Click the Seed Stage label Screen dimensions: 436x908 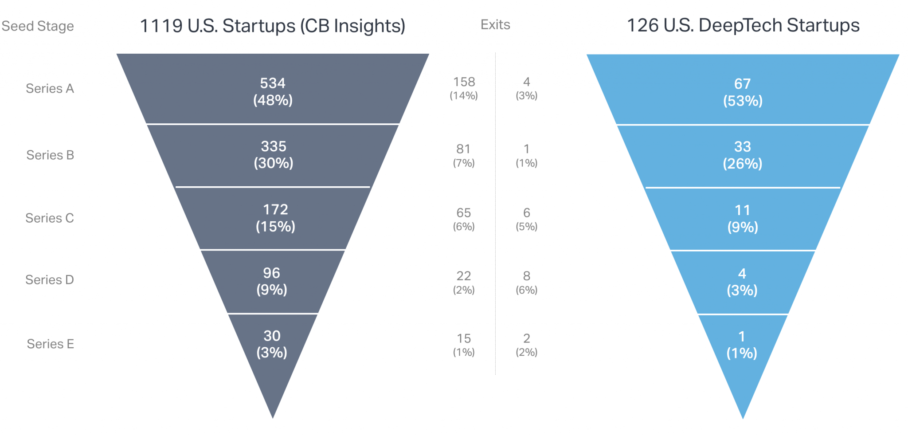click(38, 26)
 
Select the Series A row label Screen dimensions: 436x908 click(50, 89)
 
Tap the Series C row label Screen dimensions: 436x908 click(50, 218)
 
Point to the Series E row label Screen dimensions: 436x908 click(50, 344)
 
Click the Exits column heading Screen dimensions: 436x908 click(495, 25)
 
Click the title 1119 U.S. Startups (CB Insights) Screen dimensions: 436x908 click(273, 26)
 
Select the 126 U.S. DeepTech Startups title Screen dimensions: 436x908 click(743, 26)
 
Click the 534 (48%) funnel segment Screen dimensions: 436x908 click(273, 91)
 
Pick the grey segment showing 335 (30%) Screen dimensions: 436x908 click(273, 155)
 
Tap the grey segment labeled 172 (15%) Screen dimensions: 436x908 click(275, 218)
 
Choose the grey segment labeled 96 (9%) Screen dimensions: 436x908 click(272, 281)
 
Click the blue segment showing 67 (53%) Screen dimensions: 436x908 click(743, 92)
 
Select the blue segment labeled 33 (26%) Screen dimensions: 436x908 click(743, 155)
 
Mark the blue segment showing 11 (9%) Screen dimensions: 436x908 click(743, 219)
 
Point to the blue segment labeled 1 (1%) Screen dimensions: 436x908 click(742, 345)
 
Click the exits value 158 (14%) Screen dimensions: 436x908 click(464, 88)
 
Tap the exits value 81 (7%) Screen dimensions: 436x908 click(464, 155)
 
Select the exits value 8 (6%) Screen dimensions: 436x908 click(526, 282)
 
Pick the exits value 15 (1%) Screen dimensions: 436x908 click(464, 345)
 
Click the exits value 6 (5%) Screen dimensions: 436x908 click(526, 219)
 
